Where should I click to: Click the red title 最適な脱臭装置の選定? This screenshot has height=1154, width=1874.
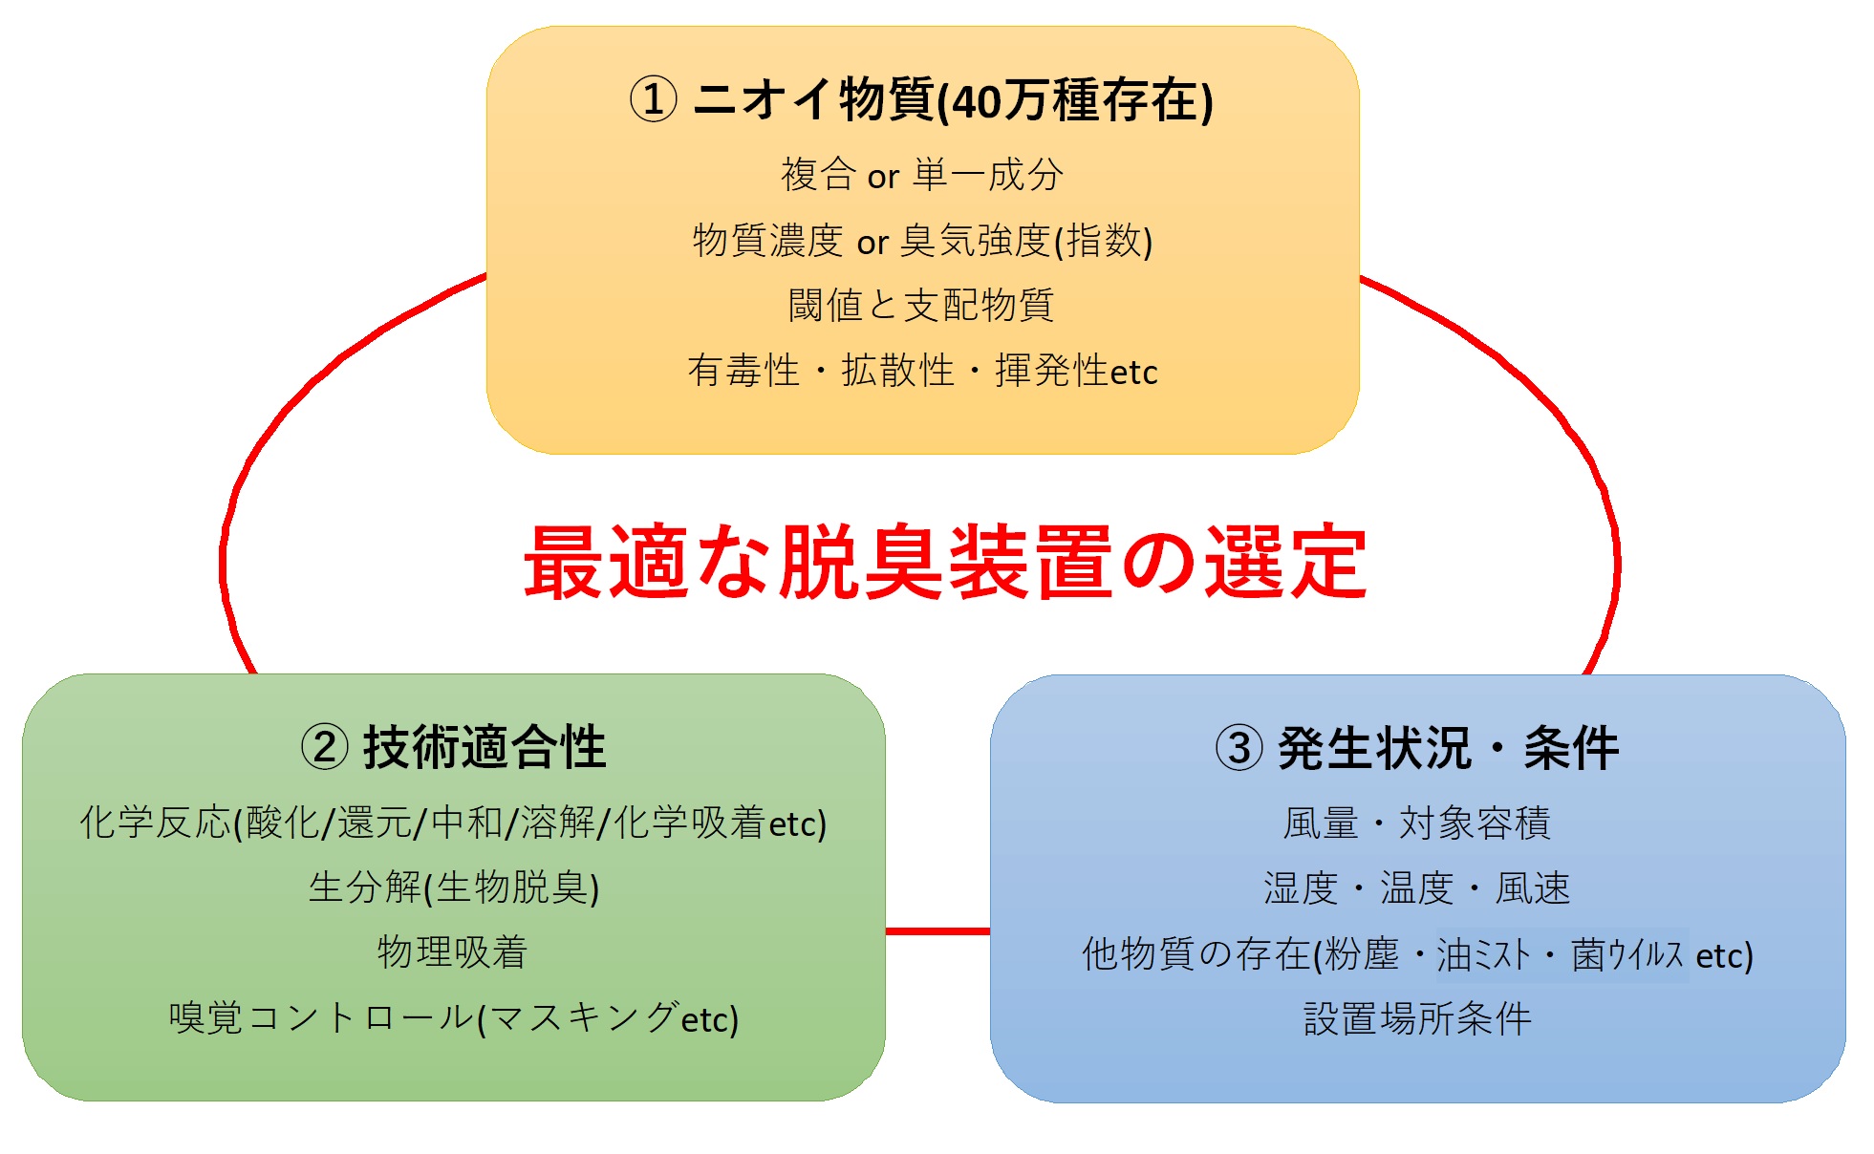click(944, 562)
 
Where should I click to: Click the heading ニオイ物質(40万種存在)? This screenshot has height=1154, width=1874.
click(953, 100)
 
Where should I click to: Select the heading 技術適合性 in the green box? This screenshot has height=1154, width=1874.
click(485, 747)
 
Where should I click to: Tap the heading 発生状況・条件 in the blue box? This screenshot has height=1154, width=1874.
click(1448, 748)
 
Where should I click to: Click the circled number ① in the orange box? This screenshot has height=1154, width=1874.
click(654, 99)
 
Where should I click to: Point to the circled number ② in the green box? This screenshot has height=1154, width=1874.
click(325, 747)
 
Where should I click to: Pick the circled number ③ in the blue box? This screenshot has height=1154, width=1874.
click(1239, 748)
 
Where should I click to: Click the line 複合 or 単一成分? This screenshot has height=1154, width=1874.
click(922, 175)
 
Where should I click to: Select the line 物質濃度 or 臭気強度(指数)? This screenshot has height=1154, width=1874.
click(922, 241)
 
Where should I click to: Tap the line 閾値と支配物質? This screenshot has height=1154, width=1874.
click(921, 306)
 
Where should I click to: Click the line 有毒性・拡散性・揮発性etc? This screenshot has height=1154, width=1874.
click(922, 371)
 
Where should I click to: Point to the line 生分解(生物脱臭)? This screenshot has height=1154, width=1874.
click(454, 887)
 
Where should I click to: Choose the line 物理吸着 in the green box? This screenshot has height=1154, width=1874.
click(452, 952)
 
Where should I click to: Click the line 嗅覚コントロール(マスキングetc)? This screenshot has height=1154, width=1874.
click(454, 1018)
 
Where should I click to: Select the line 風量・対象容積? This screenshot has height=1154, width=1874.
click(1416, 823)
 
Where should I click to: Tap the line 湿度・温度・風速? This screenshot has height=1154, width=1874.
click(1416, 888)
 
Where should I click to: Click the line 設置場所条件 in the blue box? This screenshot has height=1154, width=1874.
click(1417, 1019)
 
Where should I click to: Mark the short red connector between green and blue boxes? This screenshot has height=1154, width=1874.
click(937, 930)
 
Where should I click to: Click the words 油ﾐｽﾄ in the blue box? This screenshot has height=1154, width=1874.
click(1484, 954)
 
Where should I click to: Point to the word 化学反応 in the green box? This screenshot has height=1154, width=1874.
click(156, 823)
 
